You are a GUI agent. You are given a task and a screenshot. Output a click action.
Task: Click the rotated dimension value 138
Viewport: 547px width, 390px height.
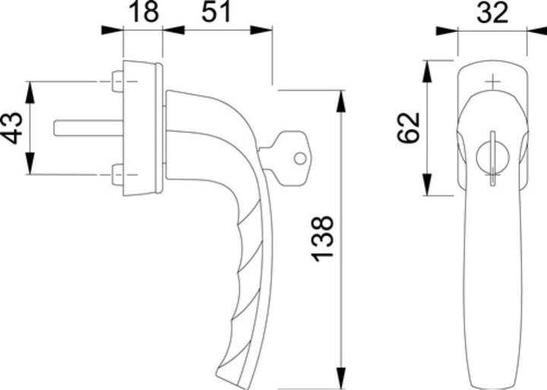click(x=324, y=237)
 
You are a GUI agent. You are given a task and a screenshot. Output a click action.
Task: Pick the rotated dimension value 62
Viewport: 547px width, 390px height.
click(x=408, y=128)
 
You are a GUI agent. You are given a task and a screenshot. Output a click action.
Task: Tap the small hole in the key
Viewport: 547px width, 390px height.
click(x=299, y=159)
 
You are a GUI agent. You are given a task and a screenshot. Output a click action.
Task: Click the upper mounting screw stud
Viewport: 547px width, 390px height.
click(x=117, y=81)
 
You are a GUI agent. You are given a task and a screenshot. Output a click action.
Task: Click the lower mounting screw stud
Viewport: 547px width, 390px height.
click(x=117, y=175)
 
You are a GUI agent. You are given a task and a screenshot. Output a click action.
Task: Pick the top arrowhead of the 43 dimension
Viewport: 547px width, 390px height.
click(x=30, y=90)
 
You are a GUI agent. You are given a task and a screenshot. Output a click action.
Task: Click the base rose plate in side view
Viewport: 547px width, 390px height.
click(x=141, y=128)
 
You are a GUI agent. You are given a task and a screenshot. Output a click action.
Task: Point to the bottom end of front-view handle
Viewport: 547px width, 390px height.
click(x=493, y=380)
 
